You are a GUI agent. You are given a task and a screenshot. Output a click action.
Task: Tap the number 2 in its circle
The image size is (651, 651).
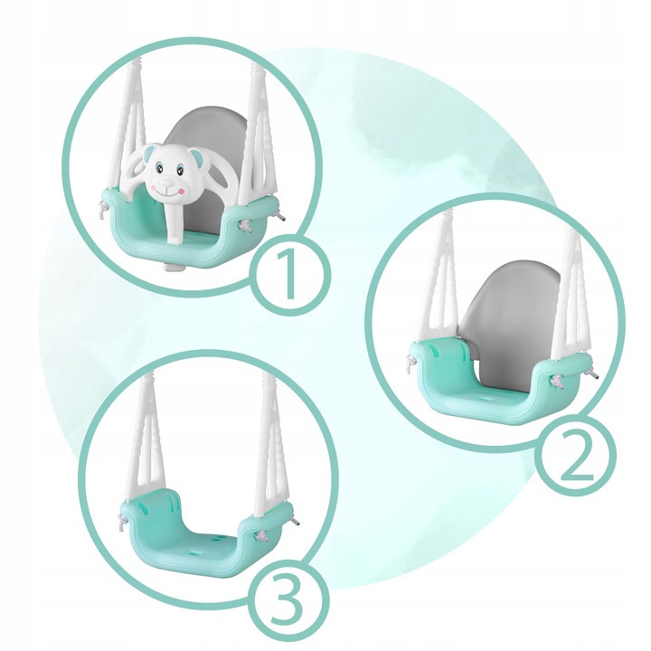point(578,456)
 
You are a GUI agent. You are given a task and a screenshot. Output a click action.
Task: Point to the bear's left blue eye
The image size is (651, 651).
point(158,168)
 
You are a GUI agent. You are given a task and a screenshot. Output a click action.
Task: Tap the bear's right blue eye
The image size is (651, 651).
point(180,169)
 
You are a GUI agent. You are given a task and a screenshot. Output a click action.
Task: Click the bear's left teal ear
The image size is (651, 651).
point(146,156)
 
